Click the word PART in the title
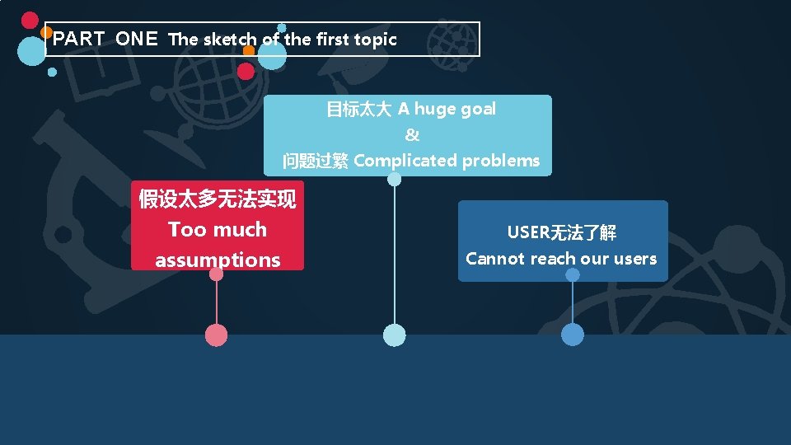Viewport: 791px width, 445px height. pyautogui.click(x=78, y=39)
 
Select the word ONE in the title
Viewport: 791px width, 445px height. pyautogui.click(x=137, y=39)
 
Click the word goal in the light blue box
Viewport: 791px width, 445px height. pyautogui.click(x=478, y=109)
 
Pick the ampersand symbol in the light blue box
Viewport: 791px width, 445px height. pyautogui.click(x=412, y=135)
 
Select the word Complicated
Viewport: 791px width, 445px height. pyautogui.click(x=405, y=161)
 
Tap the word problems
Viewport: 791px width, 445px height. pyautogui.click(x=501, y=161)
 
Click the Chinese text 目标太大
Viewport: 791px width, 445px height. pyautogui.click(x=358, y=110)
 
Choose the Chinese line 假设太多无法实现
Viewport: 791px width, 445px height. pyautogui.click(x=218, y=199)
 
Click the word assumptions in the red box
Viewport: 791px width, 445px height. pyautogui.click(x=218, y=260)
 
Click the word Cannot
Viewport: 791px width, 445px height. pyautogui.click(x=495, y=259)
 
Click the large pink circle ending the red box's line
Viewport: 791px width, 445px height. pyautogui.click(x=216, y=335)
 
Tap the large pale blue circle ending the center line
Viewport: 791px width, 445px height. pyautogui.click(x=395, y=335)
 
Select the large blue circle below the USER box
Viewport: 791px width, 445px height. pyautogui.click(x=572, y=335)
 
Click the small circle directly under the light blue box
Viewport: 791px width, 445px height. pyautogui.click(x=395, y=180)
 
